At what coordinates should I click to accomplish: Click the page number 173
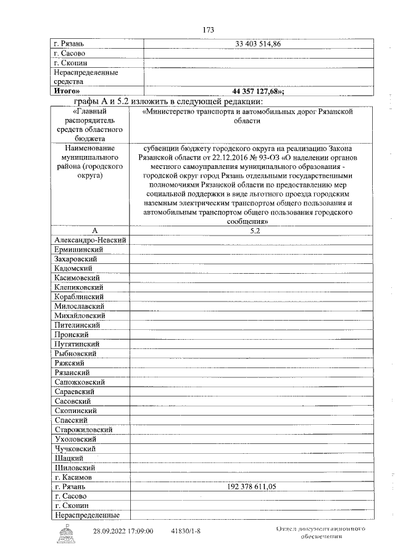207,30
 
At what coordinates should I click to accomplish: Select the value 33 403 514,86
258,44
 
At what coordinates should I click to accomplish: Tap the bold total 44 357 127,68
258,91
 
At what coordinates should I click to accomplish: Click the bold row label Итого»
67,91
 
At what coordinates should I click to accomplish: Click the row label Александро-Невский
90,240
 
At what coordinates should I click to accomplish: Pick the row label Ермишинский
78,250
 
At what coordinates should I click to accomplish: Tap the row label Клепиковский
80,287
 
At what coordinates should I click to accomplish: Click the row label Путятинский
77,344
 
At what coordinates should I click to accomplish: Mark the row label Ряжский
69,363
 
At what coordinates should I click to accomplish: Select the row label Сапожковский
79,382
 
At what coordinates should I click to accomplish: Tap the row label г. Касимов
73,477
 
